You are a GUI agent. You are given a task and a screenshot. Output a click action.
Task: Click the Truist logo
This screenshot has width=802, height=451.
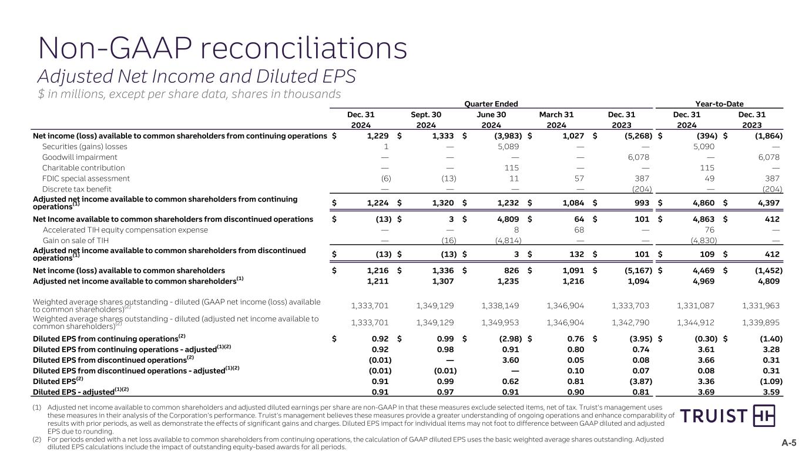[727, 416]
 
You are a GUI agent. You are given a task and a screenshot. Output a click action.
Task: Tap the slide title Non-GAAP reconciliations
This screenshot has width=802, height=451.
[222, 49]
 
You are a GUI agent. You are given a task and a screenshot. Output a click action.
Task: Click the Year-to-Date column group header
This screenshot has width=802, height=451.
[727, 103]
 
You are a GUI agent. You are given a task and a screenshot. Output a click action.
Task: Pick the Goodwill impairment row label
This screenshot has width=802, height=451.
[80, 157]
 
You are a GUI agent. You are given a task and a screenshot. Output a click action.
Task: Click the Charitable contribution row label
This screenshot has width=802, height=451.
[83, 168]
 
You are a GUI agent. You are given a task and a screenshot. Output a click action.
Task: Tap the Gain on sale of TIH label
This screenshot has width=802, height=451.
[76, 240]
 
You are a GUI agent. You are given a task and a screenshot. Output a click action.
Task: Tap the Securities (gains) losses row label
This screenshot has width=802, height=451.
[85, 147]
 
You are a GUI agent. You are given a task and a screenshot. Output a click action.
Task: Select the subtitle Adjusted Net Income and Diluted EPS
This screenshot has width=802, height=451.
[197, 76]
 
